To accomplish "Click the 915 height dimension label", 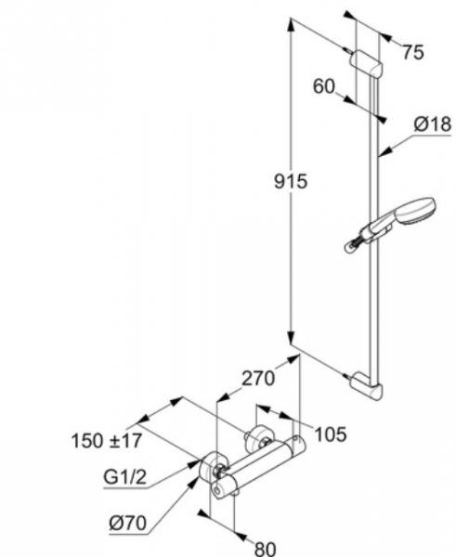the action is (x=291, y=182).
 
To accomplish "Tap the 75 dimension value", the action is (x=413, y=52).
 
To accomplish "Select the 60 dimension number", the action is (x=324, y=86).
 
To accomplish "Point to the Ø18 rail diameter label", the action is (x=433, y=124).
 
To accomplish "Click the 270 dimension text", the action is (x=258, y=378).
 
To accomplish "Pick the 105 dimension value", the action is (x=331, y=434).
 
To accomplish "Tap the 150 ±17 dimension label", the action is (x=107, y=441).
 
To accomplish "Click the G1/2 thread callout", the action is (x=124, y=477).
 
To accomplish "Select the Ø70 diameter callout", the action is (x=128, y=523).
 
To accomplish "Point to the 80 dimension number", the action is (x=266, y=549).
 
